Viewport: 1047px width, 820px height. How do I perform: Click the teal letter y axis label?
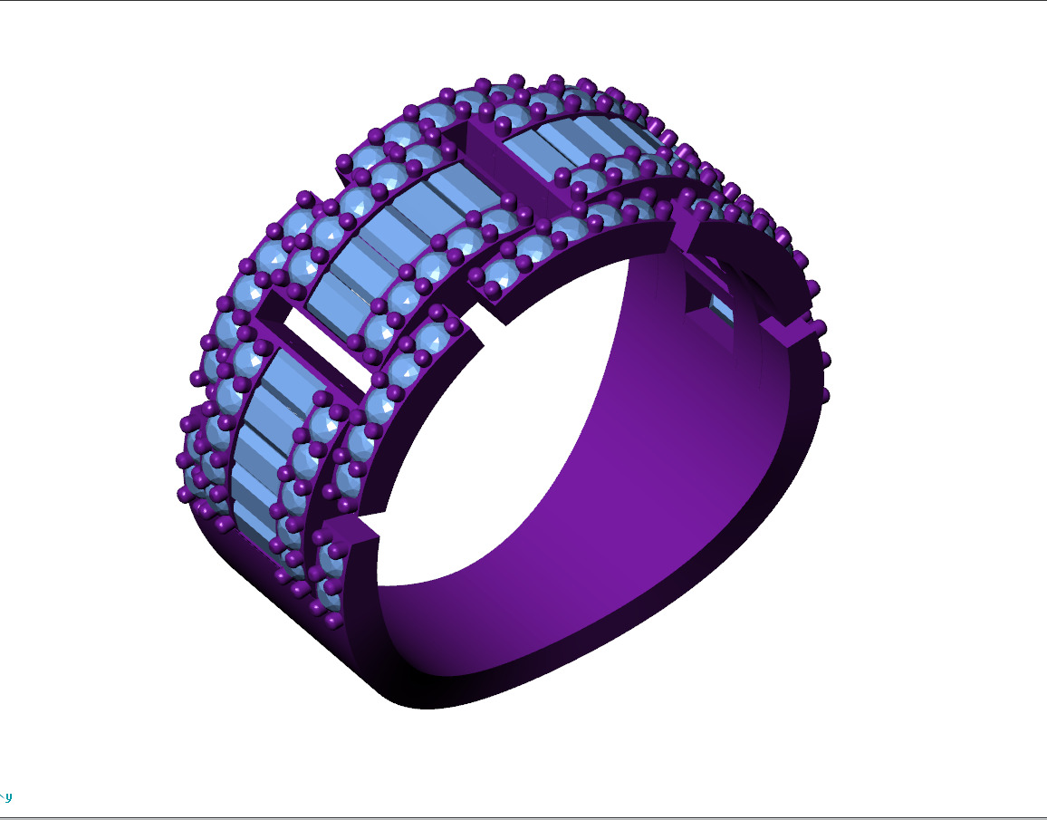coord(9,797)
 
